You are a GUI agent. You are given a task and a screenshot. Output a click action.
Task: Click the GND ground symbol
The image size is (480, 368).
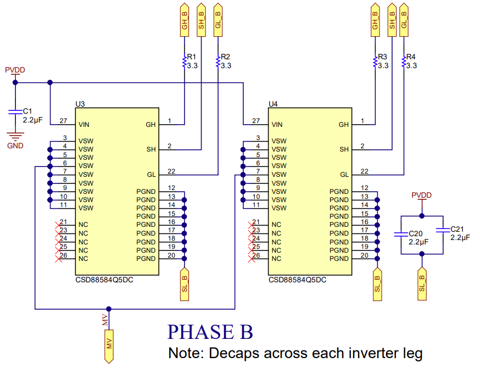pyautogui.click(x=15, y=137)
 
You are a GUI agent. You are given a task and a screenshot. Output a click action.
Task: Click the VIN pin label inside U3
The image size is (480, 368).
pyautogui.click(x=85, y=125)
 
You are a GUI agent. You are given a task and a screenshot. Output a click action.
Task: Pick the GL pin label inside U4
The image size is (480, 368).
pyautogui.click(x=344, y=175)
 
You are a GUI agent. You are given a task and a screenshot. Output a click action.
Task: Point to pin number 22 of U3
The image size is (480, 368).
pyautogui.click(x=171, y=171)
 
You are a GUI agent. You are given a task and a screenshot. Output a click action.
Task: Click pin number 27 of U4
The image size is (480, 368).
pyautogui.click(x=256, y=121)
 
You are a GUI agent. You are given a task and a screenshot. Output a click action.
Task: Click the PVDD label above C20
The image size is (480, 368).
pyautogui.click(x=421, y=196)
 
